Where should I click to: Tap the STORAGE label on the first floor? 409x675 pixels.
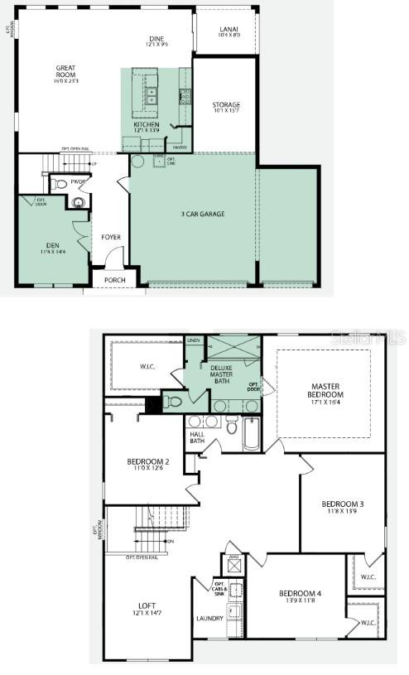pyautogui.click(x=225, y=105)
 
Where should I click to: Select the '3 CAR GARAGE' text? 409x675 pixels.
pyautogui.click(x=203, y=215)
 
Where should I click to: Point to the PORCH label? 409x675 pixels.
pyautogui.click(x=114, y=281)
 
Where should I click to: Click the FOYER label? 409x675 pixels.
pyautogui.click(x=111, y=238)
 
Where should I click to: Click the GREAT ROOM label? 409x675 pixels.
pyautogui.click(x=66, y=71)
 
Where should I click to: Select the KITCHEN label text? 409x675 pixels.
pyautogui.click(x=147, y=125)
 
